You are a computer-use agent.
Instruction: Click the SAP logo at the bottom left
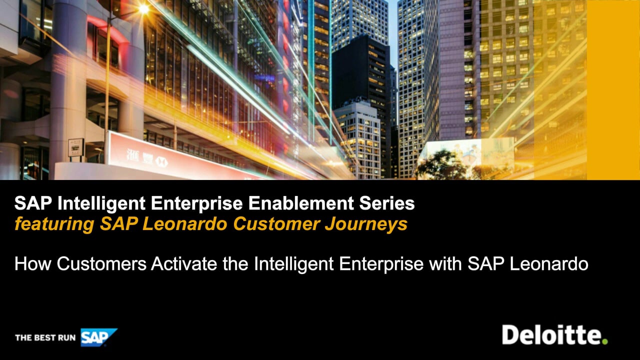[x=99, y=337]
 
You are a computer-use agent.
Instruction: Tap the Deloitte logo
[x=555, y=334]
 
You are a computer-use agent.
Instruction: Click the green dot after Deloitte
[x=605, y=341]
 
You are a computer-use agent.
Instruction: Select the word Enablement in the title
[x=301, y=203]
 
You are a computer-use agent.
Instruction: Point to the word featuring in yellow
[x=54, y=224]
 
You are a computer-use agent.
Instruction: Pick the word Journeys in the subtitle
[x=366, y=224]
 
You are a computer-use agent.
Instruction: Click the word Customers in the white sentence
[x=101, y=263]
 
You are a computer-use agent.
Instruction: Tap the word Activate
[x=184, y=263]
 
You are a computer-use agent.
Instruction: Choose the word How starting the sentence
[x=33, y=263]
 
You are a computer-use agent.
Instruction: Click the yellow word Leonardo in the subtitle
[x=185, y=224]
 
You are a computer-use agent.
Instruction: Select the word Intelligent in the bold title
[x=101, y=203]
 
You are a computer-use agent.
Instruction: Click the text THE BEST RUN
[x=45, y=337]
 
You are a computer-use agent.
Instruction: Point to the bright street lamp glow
[x=143, y=9]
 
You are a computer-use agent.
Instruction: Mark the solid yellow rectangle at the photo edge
[x=613, y=90]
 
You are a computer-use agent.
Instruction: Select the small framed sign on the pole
[x=76, y=147]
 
